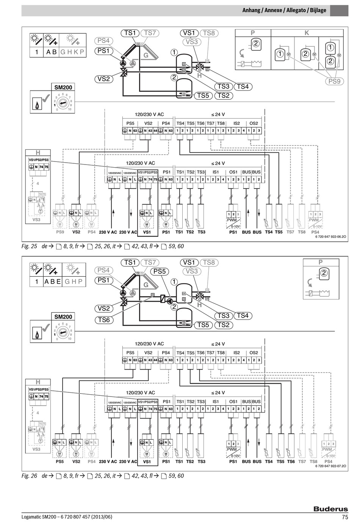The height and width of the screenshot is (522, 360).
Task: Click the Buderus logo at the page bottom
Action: pyautogui.click(x=330, y=509)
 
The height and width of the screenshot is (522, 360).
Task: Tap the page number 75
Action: pyautogui.click(x=344, y=517)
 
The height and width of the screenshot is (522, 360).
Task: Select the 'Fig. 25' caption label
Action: pyautogui.click(x=29, y=246)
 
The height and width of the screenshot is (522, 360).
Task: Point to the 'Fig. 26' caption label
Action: pyautogui.click(x=29, y=476)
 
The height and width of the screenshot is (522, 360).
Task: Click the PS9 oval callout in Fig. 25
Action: pyautogui.click(x=334, y=81)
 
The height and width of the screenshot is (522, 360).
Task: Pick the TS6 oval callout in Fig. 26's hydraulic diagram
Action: pyautogui.click(x=103, y=320)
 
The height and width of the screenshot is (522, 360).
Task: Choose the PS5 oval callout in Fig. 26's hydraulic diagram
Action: pyautogui.click(x=160, y=271)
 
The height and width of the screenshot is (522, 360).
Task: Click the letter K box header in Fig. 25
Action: pyautogui.click(x=307, y=33)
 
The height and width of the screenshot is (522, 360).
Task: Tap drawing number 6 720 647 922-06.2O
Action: pyautogui.click(x=330, y=237)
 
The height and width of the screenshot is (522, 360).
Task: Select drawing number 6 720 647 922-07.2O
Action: pyautogui.click(x=330, y=466)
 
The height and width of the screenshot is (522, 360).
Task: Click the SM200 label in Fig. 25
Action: pyautogui.click(x=63, y=87)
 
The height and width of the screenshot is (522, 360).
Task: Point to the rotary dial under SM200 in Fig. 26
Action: pyautogui.click(x=63, y=333)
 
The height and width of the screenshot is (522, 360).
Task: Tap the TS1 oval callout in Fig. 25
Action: pyautogui.click(x=130, y=33)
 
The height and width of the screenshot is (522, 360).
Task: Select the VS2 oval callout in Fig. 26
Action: pyautogui.click(x=103, y=309)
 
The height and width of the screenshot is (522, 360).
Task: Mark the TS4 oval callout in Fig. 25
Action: pyautogui.click(x=243, y=86)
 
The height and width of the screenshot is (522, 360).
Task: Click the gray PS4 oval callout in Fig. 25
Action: pyautogui.click(x=103, y=41)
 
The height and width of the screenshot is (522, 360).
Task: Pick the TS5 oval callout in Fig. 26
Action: pyautogui.click(x=203, y=325)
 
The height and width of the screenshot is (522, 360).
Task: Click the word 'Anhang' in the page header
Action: pyautogui.click(x=251, y=10)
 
